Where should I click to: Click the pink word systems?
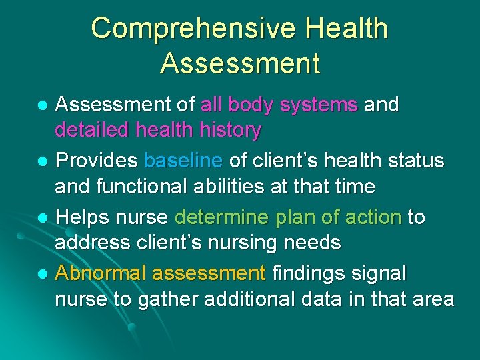click(319, 105)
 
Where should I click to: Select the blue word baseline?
click(183, 161)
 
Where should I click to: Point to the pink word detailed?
click(93, 130)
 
